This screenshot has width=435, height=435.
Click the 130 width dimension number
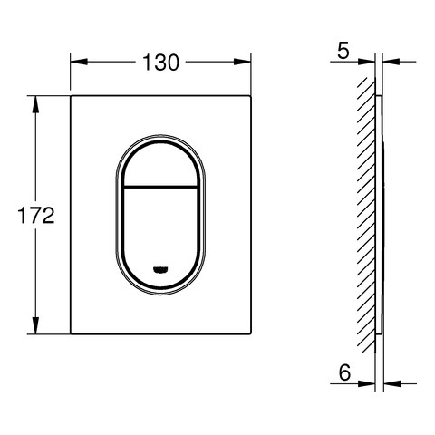point(160,63)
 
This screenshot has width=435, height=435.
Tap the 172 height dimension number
point(36,216)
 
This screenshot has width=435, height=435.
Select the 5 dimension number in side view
point(343,51)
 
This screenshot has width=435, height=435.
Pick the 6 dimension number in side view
point(344,372)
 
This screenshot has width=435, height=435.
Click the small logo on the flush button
point(160,270)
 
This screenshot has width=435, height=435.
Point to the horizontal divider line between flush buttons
point(160,187)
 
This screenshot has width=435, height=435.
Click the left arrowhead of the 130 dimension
point(79,62)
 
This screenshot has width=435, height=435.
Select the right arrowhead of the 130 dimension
point(243,62)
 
